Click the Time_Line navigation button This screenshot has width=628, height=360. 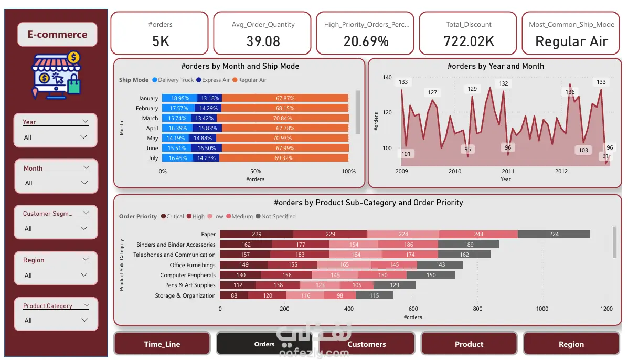pyautogui.click(x=162, y=344)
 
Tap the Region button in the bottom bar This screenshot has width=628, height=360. pyautogui.click(x=571, y=344)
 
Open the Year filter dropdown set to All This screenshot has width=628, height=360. pyautogui.click(x=56, y=137)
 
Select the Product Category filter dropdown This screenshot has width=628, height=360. pyautogui.click(x=56, y=320)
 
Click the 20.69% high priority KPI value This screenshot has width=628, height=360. pyautogui.click(x=366, y=41)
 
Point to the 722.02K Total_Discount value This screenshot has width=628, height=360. pyautogui.click(x=469, y=41)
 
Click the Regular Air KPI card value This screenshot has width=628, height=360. pyautogui.click(x=571, y=41)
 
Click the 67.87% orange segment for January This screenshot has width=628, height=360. pyautogui.click(x=285, y=98)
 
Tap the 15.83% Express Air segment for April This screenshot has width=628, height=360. pyautogui.click(x=208, y=128)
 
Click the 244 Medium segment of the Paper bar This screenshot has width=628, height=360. pyautogui.click(x=478, y=235)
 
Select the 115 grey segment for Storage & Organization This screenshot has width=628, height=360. pyautogui.click(x=374, y=295)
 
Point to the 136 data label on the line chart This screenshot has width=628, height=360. pyautogui.click(x=570, y=92)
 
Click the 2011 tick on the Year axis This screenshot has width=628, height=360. pyautogui.click(x=508, y=171)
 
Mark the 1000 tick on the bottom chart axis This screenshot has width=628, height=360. pyautogui.click(x=542, y=309)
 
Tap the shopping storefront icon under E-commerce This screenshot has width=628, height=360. pyautogui.click(x=56, y=75)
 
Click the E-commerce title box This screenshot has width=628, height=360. pyautogui.click(x=57, y=35)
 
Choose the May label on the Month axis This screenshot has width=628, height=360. pyautogui.click(x=153, y=138)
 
